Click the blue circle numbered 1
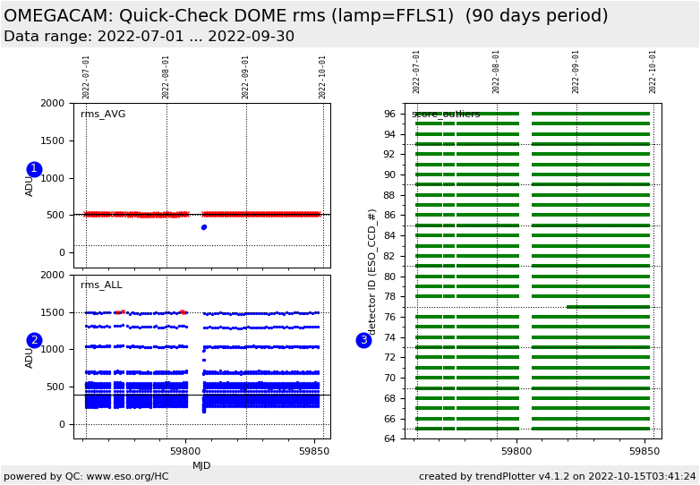pos(34,169)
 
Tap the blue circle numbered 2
pos(34,340)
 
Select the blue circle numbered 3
pos(363,340)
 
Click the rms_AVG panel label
pos(103,115)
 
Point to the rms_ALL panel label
pos(101,285)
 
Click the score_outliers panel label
pos(446,115)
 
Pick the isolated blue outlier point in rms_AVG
pos(203,227)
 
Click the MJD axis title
pos(201,465)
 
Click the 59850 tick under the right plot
pos(645,452)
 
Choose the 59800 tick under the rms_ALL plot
pos(186,452)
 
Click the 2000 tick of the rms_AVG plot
pos(52,104)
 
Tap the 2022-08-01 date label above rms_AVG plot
pos(166,77)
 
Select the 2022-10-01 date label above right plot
pos(653,72)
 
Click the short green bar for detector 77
pos(608,307)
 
